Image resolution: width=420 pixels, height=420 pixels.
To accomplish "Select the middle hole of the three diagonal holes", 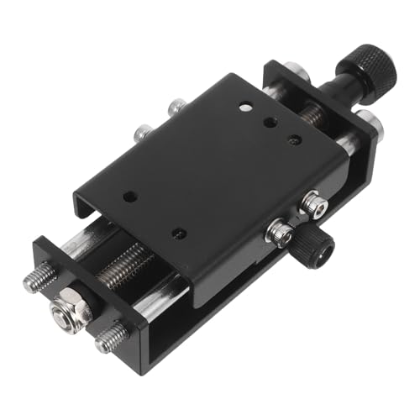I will point(270,123).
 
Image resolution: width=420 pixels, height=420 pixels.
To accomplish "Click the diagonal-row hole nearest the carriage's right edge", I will point(294,139).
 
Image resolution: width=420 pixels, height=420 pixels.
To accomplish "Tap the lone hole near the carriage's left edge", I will point(129,197).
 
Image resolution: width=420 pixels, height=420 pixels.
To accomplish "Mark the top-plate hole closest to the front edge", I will point(178,232).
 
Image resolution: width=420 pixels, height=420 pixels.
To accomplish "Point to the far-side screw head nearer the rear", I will point(176,108).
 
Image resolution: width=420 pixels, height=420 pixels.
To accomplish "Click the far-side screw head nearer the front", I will point(144,132).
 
